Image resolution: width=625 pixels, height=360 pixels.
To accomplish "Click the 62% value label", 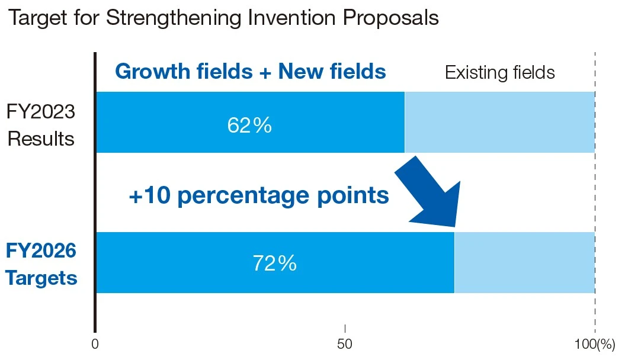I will point(249,126).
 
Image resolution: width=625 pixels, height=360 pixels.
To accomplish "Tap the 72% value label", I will point(274,263).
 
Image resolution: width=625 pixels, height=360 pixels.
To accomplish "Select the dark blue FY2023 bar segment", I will point(178,123).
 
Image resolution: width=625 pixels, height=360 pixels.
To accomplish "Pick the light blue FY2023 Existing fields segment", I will point(499,123).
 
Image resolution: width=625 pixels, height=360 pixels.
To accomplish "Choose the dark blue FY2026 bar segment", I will point(178,263).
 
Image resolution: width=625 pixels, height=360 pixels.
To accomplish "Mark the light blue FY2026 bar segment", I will point(524,263).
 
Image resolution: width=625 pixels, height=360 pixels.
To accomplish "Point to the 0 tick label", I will point(95,343).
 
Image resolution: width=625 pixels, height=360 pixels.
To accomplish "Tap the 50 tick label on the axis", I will point(345,343).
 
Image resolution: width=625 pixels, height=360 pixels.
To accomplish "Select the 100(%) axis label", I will point(595,343).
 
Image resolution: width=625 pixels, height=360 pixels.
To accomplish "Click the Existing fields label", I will point(499,73).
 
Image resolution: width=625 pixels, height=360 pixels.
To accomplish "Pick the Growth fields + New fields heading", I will point(250,72).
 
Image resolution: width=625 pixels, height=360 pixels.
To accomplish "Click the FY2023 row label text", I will point(40,111).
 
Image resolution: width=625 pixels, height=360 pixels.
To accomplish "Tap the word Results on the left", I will point(40,139).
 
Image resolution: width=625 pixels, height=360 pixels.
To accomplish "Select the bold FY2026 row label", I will point(41,251).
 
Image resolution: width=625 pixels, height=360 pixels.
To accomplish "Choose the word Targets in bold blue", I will point(41,278).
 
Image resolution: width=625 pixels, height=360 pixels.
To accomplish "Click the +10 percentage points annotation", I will point(258,195).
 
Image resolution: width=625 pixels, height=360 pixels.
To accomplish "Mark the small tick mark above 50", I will point(345,329).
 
